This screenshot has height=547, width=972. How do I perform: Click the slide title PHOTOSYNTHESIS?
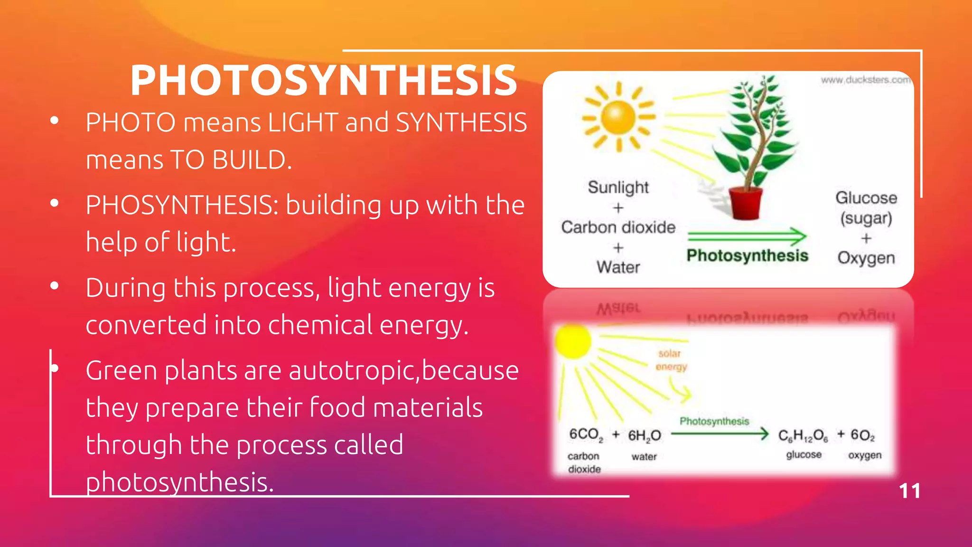(324, 81)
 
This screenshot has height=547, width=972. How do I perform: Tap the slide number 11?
(909, 491)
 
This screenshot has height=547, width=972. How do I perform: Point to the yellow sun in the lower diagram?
(573, 340)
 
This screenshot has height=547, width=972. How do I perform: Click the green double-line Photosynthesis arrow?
(747, 236)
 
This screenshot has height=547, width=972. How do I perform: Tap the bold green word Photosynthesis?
(747, 255)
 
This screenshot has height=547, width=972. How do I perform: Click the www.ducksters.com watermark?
(865, 80)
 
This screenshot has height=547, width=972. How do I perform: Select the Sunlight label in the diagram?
(618, 187)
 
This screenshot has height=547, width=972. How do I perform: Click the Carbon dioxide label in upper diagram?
(618, 227)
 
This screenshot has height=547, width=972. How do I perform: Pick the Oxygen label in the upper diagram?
(866, 258)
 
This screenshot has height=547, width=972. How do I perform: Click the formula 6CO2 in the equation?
(586, 435)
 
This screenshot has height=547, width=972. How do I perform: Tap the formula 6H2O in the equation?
(644, 435)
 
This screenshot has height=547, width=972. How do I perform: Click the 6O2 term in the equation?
(862, 435)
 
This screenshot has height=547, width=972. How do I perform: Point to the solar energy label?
(671, 360)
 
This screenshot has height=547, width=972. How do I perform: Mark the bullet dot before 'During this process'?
(55, 286)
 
